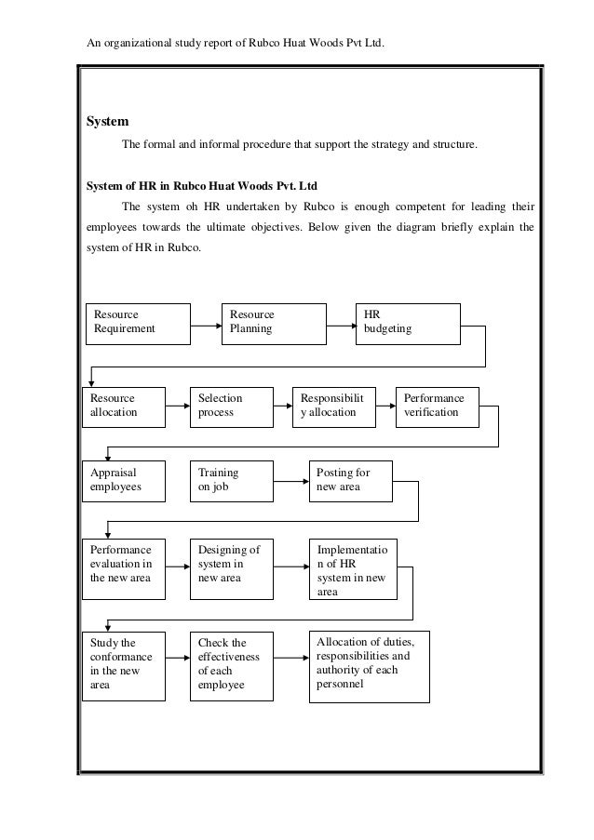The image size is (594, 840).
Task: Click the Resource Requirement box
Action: coord(138,322)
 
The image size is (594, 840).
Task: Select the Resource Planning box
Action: coord(272,322)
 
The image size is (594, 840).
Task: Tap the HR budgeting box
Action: coord(408,322)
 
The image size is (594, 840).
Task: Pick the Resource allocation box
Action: coord(124,406)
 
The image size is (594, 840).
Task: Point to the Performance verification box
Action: coord(437,406)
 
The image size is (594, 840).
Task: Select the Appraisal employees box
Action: coord(124,480)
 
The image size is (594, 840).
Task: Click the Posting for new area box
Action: coord(350,480)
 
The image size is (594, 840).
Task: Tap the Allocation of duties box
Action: coord(370,666)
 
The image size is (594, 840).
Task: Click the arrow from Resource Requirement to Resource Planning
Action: coord(206,326)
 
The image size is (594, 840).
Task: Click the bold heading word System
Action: coord(107,122)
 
